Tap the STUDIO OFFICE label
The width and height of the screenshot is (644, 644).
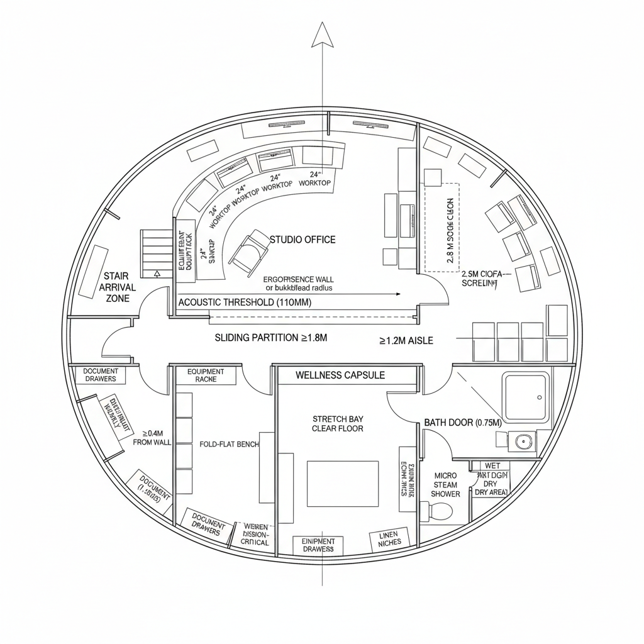pos(303,240)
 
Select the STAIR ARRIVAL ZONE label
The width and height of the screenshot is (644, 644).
pos(117,287)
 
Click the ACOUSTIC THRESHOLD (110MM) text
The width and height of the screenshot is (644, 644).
pos(244,303)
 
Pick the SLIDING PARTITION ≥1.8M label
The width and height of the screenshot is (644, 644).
pos(271,338)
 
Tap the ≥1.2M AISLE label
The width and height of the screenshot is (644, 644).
pos(406,341)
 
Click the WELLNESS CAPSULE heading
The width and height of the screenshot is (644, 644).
pos(340,375)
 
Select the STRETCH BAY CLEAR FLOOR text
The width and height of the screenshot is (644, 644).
pos(338,423)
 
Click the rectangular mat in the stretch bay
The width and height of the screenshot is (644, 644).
pos(343,483)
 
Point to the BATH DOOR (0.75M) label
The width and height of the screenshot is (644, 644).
pos(462,422)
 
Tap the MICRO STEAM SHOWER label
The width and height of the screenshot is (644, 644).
pos(445,484)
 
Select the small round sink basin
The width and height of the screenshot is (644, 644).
pos(523,441)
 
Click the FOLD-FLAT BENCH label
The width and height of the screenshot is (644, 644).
pos(229,444)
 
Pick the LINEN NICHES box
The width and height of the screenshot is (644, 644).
pos(389,538)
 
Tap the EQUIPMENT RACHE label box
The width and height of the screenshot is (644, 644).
pos(206,375)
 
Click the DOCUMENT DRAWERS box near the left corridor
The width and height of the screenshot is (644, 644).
pos(101,375)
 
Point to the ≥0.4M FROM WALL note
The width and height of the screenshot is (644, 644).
pos(152,438)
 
